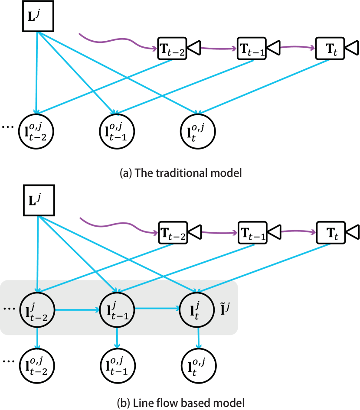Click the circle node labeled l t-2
[x=36, y=309]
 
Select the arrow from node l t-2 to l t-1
[x=76, y=309]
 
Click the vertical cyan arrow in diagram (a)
[x=37, y=74]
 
